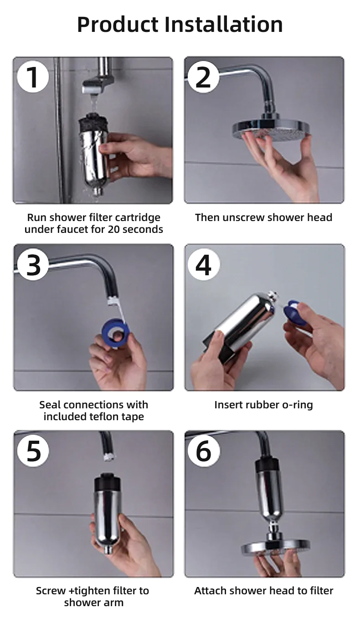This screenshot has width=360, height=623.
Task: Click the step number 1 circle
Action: tap(33, 77)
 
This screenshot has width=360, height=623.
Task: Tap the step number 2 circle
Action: tap(204, 77)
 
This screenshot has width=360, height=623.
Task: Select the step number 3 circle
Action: tap(33, 265)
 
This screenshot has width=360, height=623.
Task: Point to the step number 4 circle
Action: tap(204, 265)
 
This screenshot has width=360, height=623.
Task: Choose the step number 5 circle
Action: tap(33, 451)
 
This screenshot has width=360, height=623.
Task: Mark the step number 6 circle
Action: tap(204, 451)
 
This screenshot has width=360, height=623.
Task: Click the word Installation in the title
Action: tap(223, 24)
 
